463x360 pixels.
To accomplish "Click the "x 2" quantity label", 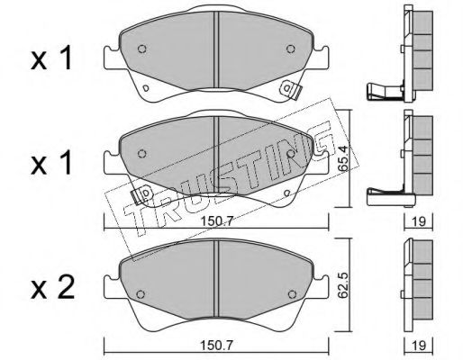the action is point(52,289).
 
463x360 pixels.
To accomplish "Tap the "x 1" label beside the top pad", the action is point(51,58).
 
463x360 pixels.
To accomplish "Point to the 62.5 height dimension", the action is point(343,285).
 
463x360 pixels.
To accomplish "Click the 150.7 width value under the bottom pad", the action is point(217,346).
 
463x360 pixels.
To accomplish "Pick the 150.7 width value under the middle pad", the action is point(217,221).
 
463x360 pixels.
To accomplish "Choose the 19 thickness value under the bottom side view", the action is point(419,346).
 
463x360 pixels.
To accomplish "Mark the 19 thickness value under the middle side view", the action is point(419,221).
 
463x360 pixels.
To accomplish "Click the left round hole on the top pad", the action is point(142,49).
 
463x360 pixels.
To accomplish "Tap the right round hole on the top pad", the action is point(291,49).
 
